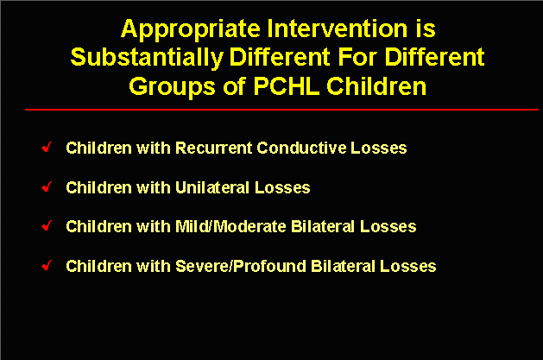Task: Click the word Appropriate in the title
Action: point(191,29)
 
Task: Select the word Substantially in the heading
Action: point(147,58)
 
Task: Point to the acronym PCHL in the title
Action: point(287,85)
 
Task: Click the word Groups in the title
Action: point(172,87)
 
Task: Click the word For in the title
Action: point(357,57)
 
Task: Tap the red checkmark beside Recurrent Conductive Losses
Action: point(47,147)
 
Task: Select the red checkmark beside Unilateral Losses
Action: point(47,187)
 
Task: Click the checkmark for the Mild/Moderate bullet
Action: point(47,225)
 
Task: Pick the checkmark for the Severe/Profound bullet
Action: point(47,266)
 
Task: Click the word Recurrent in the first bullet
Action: point(214,148)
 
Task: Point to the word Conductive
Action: point(301,148)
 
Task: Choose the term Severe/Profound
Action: point(241,266)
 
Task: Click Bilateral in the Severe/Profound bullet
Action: point(344,266)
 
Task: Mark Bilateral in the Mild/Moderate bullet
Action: point(323,226)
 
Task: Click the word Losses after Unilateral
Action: point(282,187)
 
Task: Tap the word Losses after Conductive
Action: point(379,148)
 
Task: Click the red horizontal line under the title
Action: point(281,110)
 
